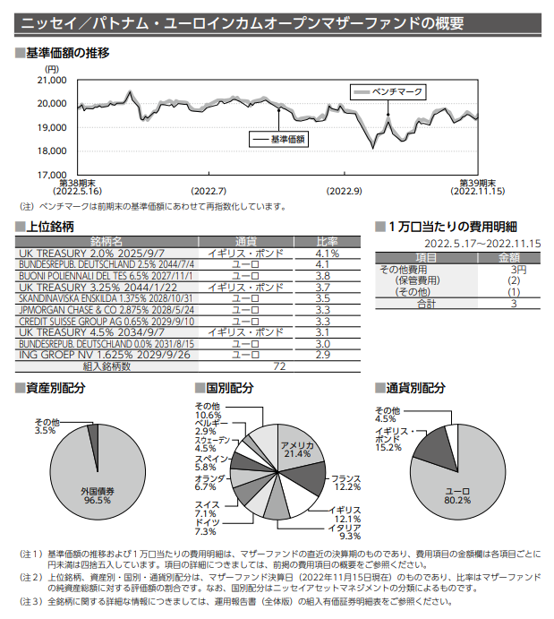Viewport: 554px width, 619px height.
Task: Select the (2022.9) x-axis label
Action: click(345, 191)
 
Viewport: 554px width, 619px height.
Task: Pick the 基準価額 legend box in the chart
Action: click(278, 139)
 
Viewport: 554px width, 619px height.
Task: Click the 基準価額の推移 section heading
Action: click(67, 53)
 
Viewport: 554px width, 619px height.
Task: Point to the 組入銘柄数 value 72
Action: click(279, 366)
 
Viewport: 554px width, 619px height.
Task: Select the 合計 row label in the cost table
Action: click(426, 304)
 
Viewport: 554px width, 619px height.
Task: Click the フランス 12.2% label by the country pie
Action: click(345, 482)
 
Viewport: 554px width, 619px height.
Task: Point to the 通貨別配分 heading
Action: click(414, 388)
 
